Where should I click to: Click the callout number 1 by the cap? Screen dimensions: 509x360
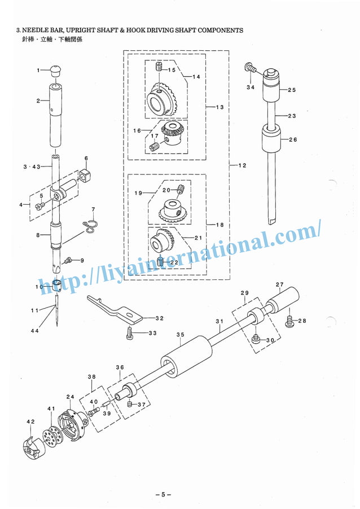[39, 70]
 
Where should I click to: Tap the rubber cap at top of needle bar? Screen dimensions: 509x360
[55, 71]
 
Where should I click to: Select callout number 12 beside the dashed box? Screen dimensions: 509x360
[242, 165]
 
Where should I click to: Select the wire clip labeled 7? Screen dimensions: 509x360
[90, 225]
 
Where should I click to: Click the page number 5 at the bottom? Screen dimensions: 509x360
[163, 495]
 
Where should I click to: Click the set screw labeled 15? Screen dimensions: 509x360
[159, 68]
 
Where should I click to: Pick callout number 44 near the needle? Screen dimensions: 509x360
[35, 331]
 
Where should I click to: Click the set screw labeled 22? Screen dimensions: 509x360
[161, 261]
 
